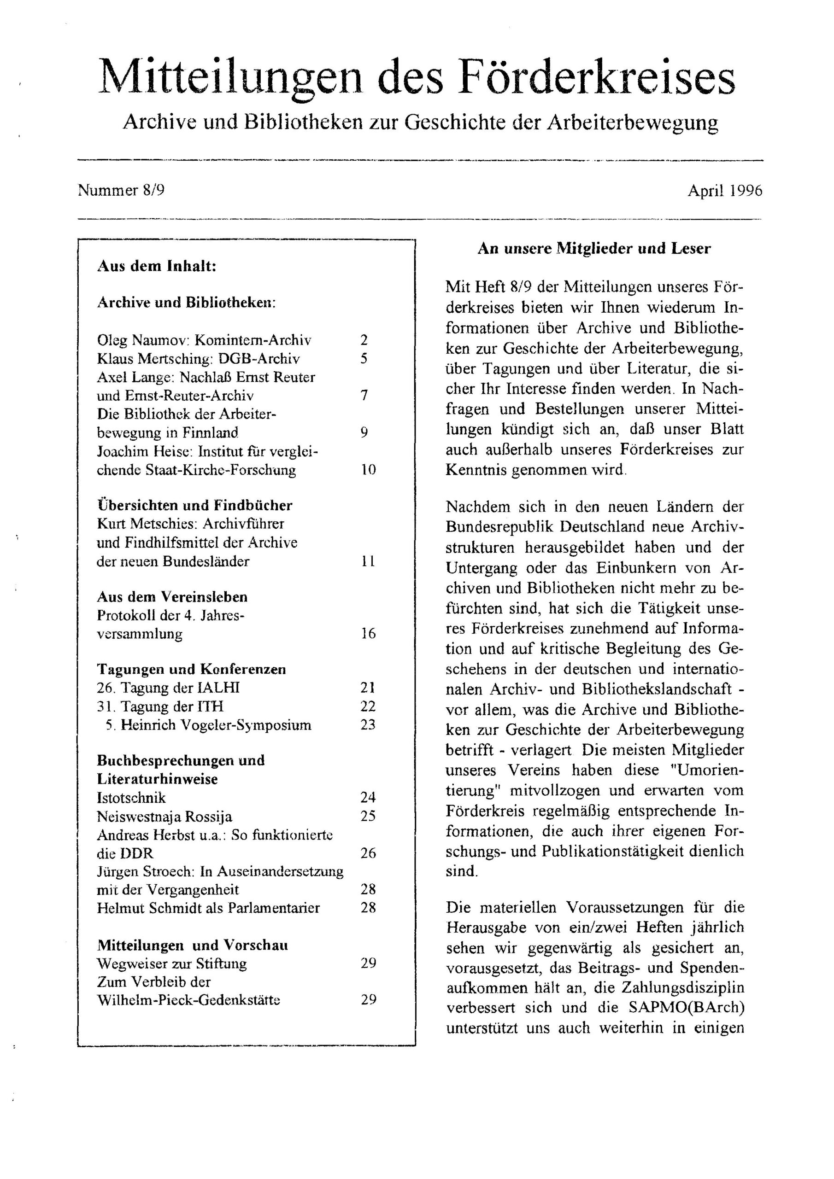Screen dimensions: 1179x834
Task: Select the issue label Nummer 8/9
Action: pos(121,191)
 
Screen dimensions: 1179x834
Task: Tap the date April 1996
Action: pos(724,191)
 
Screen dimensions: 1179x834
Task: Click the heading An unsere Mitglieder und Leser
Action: pos(594,249)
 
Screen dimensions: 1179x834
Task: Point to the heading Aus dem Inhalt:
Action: pos(156,267)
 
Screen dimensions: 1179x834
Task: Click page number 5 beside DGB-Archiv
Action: pos(364,358)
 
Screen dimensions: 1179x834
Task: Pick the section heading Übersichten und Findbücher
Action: pos(195,505)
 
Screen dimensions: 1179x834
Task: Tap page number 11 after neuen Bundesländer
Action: pos(368,561)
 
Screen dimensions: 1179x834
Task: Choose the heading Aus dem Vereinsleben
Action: pos(172,597)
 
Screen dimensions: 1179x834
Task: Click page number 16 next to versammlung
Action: pos(368,634)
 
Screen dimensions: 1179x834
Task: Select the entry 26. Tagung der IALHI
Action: pos(168,688)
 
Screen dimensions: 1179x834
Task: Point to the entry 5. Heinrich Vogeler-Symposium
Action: pos(208,725)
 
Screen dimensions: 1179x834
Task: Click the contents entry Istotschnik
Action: pos(131,798)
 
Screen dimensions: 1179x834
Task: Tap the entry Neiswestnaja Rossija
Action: pos(164,816)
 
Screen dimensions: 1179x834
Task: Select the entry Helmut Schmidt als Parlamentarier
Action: pos(208,908)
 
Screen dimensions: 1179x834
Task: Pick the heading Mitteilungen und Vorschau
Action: pos(192,945)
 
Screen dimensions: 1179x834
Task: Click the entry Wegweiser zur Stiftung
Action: pos(171,963)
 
